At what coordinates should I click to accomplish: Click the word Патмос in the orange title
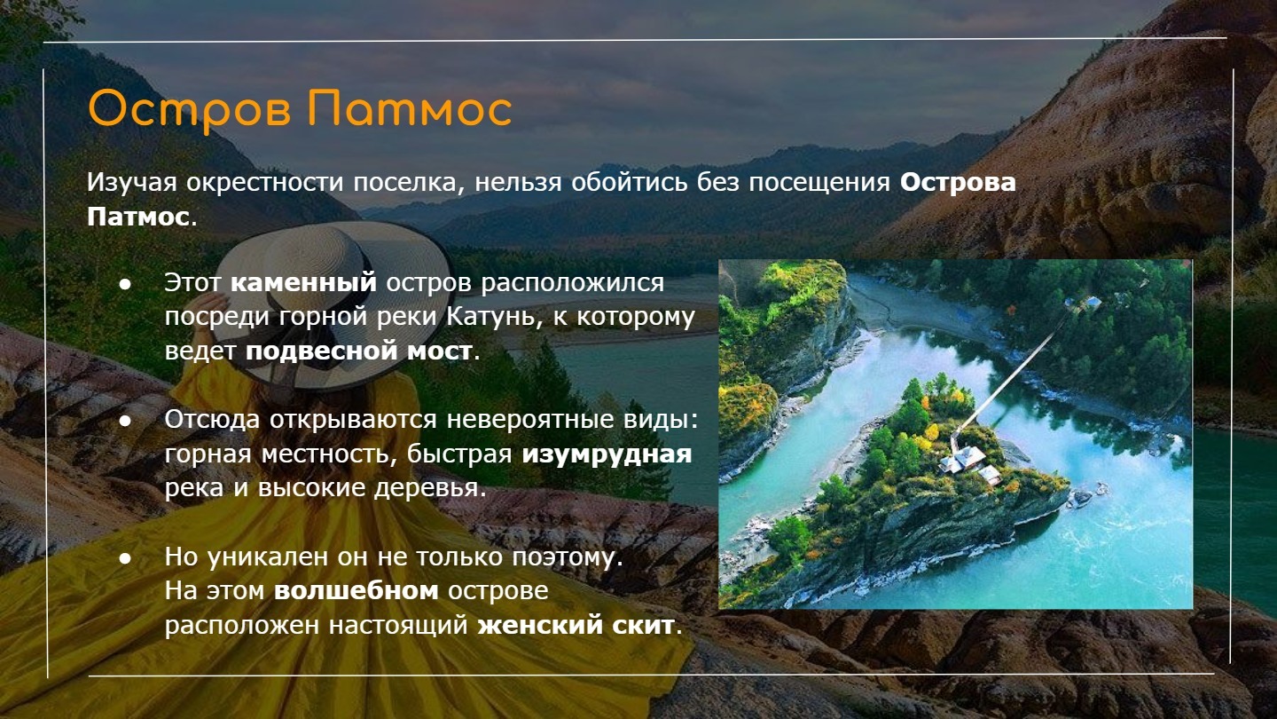[x=410, y=108]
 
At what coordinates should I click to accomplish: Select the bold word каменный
[x=304, y=282]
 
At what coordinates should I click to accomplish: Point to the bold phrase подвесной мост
[x=359, y=351]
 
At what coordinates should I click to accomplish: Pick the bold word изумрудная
[x=607, y=454]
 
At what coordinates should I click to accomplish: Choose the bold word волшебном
[x=356, y=590]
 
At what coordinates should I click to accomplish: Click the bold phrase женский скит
[x=576, y=626]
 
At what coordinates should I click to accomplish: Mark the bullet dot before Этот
[x=125, y=284]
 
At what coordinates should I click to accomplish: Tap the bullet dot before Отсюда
[x=125, y=421]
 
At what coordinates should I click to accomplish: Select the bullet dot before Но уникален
[x=125, y=558]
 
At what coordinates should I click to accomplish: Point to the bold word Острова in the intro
[x=958, y=183]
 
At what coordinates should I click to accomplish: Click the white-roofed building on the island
[x=963, y=459]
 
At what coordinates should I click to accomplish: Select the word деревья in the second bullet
[x=430, y=488]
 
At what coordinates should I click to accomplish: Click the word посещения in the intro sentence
[x=819, y=184]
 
